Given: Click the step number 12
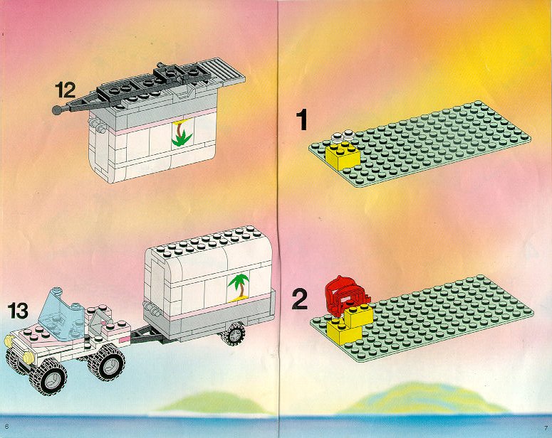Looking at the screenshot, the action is click(65, 90).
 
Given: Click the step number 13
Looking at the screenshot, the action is click(18, 311).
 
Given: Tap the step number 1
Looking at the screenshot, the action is click(302, 119).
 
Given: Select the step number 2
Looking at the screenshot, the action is click(300, 299).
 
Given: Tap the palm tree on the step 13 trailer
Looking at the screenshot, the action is click(239, 287).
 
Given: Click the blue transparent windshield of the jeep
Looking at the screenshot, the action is click(61, 314).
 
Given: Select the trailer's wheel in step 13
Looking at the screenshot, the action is click(233, 333).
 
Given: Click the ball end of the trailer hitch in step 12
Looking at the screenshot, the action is click(57, 110).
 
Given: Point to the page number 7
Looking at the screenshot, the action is click(546, 427).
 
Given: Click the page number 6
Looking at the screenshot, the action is click(6, 427).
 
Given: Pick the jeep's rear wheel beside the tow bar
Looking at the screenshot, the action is click(107, 362).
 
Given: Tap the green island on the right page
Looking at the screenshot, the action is click(422, 399).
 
